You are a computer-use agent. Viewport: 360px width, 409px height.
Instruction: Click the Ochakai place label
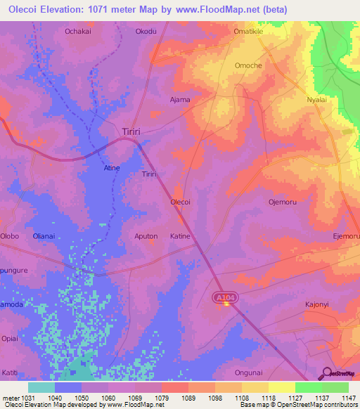tap(78, 32)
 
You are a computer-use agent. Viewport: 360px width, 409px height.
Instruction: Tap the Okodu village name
tap(146, 32)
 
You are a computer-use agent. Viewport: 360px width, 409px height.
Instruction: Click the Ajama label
tap(180, 99)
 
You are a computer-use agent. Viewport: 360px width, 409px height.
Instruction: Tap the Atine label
tap(112, 168)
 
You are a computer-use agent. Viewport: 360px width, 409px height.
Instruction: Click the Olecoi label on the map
tap(181, 202)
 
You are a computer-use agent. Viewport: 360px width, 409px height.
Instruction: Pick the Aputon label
tap(146, 236)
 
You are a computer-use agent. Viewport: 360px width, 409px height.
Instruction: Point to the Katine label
tap(180, 236)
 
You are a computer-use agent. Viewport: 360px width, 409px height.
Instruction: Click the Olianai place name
tap(44, 236)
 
